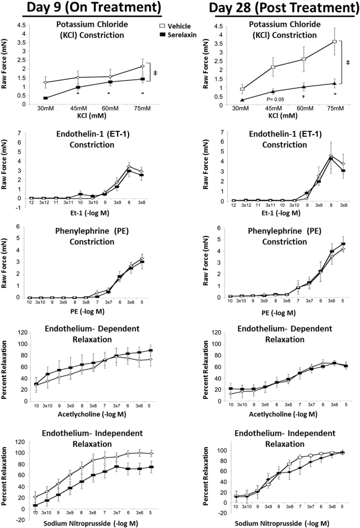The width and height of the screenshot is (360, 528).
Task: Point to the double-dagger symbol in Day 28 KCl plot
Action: [x=347, y=62]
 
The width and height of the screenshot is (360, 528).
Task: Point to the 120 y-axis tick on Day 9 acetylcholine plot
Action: [x=21, y=333]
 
